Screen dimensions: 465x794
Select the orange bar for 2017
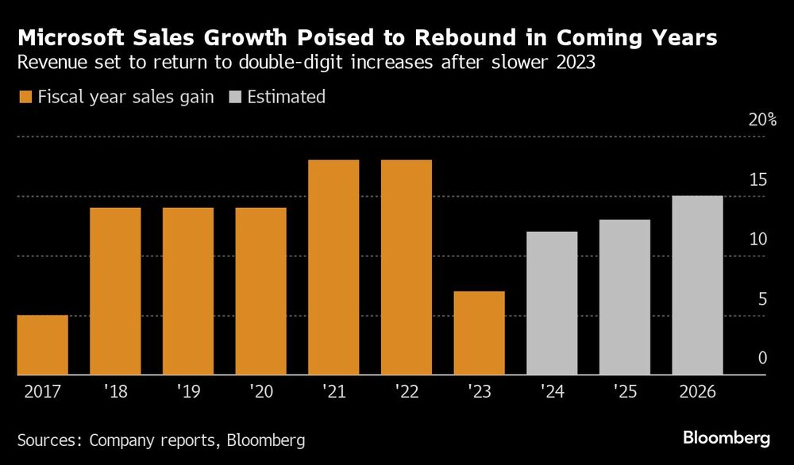(42, 345)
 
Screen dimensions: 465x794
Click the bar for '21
(333, 267)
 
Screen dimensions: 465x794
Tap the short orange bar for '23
(479, 333)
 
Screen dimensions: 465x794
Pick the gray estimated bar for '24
(552, 303)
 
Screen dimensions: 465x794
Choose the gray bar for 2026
(697, 286)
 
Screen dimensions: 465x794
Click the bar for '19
(188, 291)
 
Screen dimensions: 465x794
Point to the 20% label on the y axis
(761, 120)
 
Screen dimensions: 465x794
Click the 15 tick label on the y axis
(760, 179)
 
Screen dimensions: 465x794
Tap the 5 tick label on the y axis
(762, 299)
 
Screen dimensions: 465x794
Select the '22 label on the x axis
(406, 393)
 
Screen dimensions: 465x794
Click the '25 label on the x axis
(624, 393)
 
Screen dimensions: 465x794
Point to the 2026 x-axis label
(696, 393)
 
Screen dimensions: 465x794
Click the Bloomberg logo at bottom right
(727, 437)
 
